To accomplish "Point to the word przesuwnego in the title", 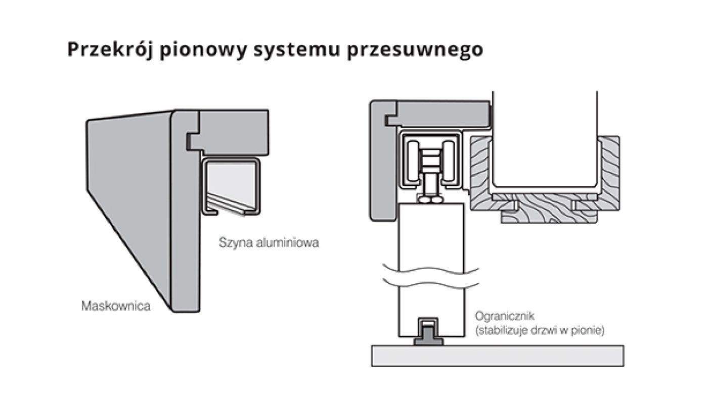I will (x=415, y=50).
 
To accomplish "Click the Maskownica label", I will (x=116, y=306).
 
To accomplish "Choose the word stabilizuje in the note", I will (x=508, y=331).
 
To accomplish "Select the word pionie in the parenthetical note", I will (x=590, y=331).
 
